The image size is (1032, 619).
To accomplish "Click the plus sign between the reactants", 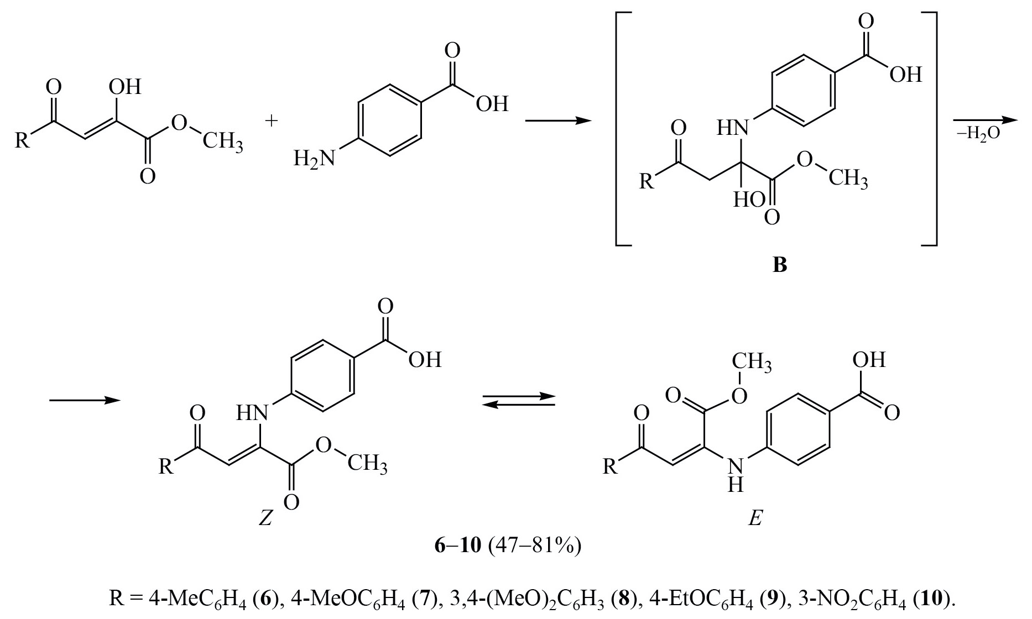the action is click(272, 122).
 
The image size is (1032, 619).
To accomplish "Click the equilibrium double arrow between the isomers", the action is click(518, 401).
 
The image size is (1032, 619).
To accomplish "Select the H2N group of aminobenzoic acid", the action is click(314, 160).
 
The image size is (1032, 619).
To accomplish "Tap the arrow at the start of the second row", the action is click(85, 401).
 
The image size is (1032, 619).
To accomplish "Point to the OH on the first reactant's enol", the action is click(125, 87).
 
